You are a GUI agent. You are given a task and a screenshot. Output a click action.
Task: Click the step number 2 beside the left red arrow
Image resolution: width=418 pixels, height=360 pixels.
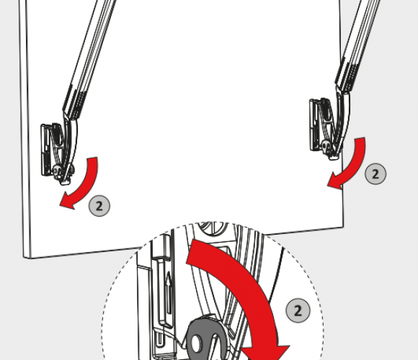coord(99,206)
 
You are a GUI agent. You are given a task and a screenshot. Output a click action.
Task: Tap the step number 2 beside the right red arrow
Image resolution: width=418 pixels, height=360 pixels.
coord(375,174)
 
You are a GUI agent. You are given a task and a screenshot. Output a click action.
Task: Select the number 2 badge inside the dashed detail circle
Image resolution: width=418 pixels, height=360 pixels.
coord(298,310)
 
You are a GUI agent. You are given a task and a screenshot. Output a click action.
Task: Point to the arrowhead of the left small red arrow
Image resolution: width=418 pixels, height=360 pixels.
coord(66,202)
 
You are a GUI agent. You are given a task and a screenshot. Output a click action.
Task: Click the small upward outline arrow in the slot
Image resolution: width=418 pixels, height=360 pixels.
coord(168,293)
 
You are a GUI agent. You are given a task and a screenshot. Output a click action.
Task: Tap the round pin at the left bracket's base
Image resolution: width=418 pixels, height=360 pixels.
coord(57,170)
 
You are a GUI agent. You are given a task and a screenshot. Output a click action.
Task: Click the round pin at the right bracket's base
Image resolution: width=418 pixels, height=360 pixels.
coord(326,145)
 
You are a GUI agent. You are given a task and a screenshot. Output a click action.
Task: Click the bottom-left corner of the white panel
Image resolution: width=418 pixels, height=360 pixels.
coord(24,258)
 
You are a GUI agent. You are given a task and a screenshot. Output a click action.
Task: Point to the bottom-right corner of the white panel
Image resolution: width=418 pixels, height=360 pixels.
coord(343,227)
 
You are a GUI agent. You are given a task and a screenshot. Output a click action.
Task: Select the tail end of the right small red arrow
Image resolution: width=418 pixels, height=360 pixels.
coord(360,139)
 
